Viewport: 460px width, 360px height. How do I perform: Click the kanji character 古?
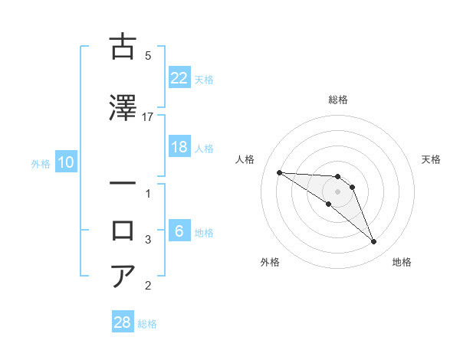pyautogui.click(x=123, y=47)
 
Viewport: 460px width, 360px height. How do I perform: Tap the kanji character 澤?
pyautogui.click(x=123, y=109)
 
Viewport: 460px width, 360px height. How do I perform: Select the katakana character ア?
pyautogui.click(x=123, y=277)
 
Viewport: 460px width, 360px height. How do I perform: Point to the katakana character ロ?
pyautogui.click(x=123, y=231)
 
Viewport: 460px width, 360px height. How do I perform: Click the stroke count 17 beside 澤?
pyautogui.click(x=148, y=116)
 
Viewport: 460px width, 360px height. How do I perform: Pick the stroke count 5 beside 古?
pyautogui.click(x=148, y=55)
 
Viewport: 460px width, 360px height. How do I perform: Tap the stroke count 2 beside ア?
pyautogui.click(x=148, y=286)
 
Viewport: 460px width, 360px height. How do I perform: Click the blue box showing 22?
pyautogui.click(x=179, y=78)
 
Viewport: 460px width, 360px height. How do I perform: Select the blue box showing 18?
pyautogui.click(x=179, y=147)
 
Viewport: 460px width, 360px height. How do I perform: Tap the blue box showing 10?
pyautogui.click(x=65, y=162)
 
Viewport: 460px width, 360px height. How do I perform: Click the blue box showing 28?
pyautogui.click(x=123, y=322)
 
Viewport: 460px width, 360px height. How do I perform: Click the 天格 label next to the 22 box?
pyautogui.click(x=204, y=79)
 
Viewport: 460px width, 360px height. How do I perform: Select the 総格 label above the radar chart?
pyautogui.click(x=338, y=100)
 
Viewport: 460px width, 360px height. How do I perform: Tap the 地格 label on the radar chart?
pyautogui.click(x=402, y=262)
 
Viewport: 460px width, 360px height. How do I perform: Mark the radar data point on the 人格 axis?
pyautogui.click(x=279, y=172)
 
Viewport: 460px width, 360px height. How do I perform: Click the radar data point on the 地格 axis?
pyautogui.click(x=374, y=242)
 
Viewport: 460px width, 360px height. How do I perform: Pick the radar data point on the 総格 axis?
pyautogui.click(x=338, y=177)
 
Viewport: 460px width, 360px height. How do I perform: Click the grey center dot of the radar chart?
pyautogui.click(x=338, y=191)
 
